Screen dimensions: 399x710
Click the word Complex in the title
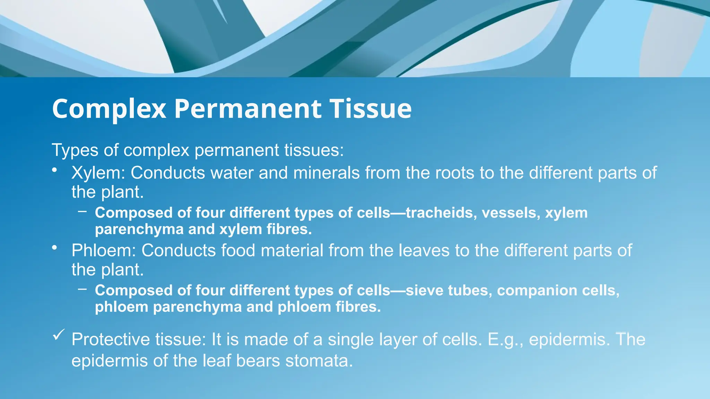[x=109, y=109]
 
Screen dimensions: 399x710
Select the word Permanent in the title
[x=248, y=109]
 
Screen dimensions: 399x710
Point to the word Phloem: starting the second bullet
[x=104, y=250]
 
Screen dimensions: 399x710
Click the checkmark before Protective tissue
[x=58, y=335]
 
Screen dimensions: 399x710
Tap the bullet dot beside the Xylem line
[x=54, y=170]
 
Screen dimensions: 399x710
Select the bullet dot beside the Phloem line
[x=54, y=247]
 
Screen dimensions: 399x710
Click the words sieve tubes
[x=449, y=290]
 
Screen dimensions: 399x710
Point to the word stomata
[x=319, y=361]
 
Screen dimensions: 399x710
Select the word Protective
[x=111, y=339]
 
